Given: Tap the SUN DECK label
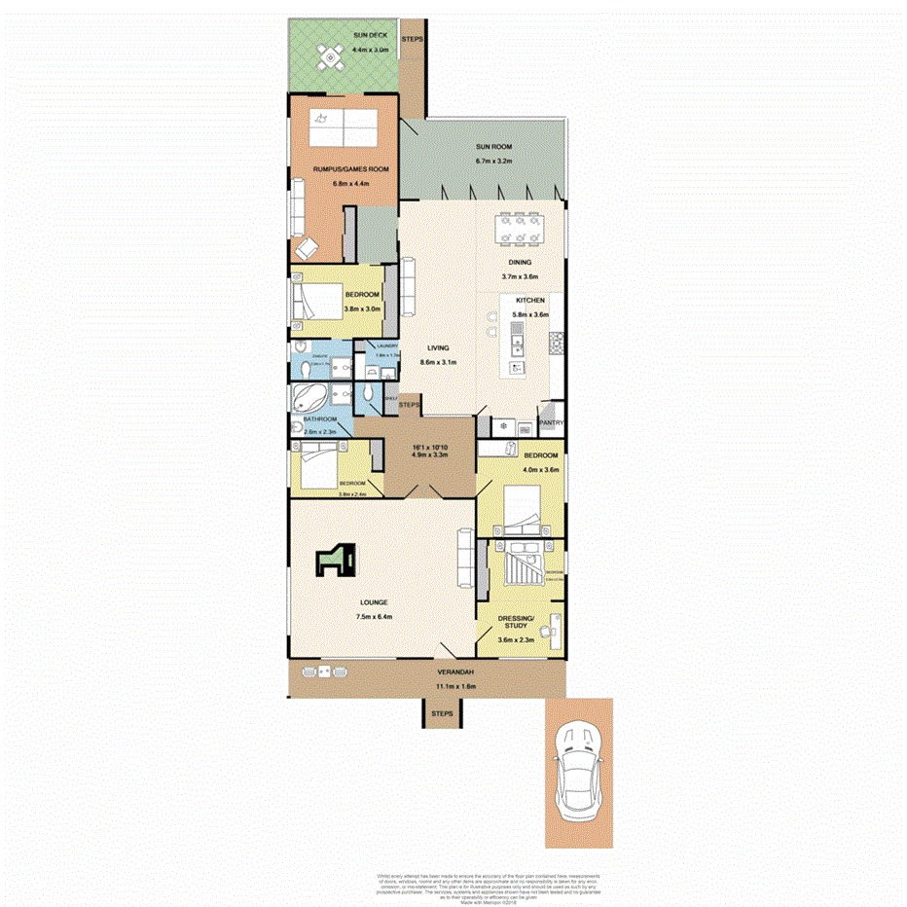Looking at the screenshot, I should [x=331, y=34].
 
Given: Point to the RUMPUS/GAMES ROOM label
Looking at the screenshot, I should [x=350, y=169].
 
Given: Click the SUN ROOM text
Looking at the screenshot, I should [x=493, y=147].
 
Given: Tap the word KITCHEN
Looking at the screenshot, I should [x=530, y=302].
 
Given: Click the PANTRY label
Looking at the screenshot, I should [x=552, y=423].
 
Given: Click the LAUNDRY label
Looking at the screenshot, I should [x=376, y=345].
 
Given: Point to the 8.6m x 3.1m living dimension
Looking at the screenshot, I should [x=436, y=362].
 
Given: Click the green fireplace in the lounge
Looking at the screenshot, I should [x=338, y=560].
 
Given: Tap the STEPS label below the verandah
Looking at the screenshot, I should [x=442, y=714].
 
